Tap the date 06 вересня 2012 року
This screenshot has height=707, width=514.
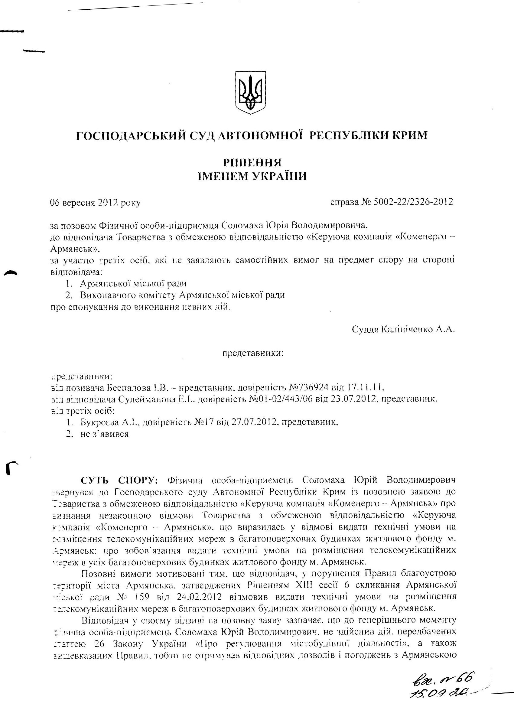point(95,203)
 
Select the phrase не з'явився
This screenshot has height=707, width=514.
point(104,434)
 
